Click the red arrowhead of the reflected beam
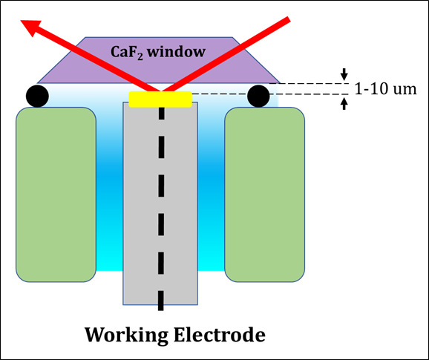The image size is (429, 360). [x=30, y=27]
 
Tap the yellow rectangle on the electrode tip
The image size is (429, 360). [x=160, y=99]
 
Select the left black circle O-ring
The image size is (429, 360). [x=38, y=96]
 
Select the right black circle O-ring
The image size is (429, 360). [x=258, y=96]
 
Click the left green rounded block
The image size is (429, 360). [x=56, y=194]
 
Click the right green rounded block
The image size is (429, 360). [x=264, y=194]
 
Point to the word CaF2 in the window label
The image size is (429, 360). [x=127, y=52]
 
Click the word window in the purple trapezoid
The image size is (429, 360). [x=177, y=52]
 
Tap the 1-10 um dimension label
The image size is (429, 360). [x=385, y=89]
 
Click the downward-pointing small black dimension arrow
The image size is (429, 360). [x=344, y=74]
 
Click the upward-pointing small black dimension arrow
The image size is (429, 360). [x=344, y=104]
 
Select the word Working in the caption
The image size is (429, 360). [x=126, y=335]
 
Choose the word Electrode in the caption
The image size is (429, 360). [x=220, y=334]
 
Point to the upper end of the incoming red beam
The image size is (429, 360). [x=289, y=19]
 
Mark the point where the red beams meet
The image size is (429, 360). [x=160, y=91]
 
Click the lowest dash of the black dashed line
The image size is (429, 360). [x=161, y=301]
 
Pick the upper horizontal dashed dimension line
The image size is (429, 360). [x=310, y=83]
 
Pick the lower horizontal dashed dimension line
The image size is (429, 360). [x=270, y=94]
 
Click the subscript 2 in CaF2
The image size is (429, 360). [x=140, y=57]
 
